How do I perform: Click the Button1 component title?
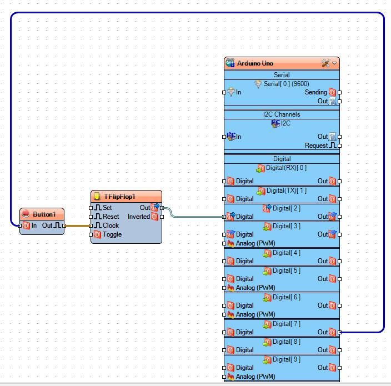(x=44, y=214)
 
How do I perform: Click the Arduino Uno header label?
(x=255, y=63)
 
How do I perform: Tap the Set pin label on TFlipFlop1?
(x=107, y=208)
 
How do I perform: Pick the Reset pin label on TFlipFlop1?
(x=111, y=217)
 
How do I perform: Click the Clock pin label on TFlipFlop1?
(x=111, y=225)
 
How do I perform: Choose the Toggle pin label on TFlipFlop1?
(x=112, y=234)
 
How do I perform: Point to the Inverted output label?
(x=139, y=217)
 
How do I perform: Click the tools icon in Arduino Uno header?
(x=325, y=63)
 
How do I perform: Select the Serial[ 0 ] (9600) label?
(x=286, y=84)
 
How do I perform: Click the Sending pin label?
(x=315, y=92)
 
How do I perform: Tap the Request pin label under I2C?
(x=316, y=146)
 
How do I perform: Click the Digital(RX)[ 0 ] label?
(x=286, y=168)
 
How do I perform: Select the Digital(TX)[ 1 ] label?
(x=286, y=191)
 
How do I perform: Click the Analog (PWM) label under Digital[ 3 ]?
(x=255, y=243)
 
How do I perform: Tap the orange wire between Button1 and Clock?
(x=78, y=225)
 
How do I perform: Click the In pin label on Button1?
(x=34, y=225)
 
